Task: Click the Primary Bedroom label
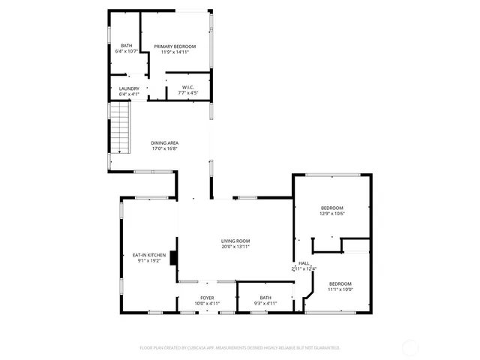click(175, 46)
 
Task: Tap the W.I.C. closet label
click(187, 87)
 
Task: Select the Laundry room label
click(129, 88)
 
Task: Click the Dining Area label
click(164, 142)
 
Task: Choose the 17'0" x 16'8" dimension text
click(164, 148)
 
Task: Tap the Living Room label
click(235, 240)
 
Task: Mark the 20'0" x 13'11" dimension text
click(235, 246)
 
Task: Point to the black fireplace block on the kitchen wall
click(174, 257)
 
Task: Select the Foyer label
click(207, 298)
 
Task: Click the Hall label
click(304, 263)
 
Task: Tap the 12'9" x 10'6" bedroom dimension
click(331, 214)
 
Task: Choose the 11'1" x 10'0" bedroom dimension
click(340, 289)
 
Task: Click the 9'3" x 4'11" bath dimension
click(265, 304)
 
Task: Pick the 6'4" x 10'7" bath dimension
click(127, 52)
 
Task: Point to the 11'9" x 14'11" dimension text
click(175, 52)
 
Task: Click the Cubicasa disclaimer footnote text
click(240, 348)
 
